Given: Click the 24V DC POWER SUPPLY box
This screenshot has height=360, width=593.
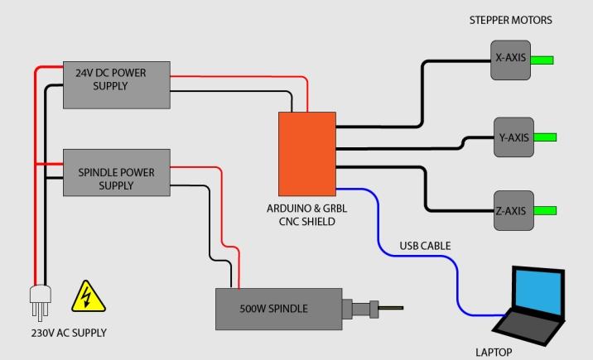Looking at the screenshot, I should [x=117, y=84].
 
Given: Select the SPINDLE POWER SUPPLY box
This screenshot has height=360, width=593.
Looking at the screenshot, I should [x=117, y=172].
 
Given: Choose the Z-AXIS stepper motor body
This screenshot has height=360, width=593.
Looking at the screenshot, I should [x=510, y=211].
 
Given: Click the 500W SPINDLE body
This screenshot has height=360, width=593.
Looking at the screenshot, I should [x=278, y=309].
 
